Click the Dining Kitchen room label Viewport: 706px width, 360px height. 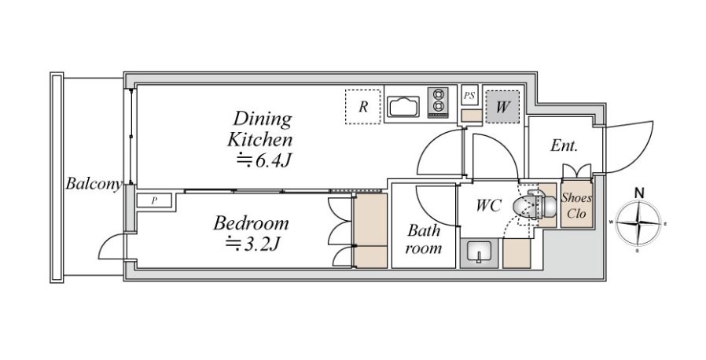click(259, 130)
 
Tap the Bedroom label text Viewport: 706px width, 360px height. click(251, 224)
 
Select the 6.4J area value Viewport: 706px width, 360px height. click(262, 160)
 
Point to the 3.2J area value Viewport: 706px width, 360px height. click(253, 244)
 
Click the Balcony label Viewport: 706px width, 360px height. click(94, 184)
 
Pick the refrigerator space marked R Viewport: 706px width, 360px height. click(363, 107)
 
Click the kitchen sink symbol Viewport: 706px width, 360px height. click(403, 107)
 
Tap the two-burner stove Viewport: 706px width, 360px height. click(438, 103)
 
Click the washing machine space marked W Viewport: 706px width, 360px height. click(502, 107)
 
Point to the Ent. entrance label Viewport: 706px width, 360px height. click(564, 145)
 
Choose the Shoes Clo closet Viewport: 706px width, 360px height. click(576, 204)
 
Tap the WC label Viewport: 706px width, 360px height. click(489, 206)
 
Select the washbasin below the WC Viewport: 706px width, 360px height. click(479, 253)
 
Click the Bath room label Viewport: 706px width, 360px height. click(423, 239)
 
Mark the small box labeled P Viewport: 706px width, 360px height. click(154, 200)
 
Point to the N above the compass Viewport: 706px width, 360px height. click(638, 193)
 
